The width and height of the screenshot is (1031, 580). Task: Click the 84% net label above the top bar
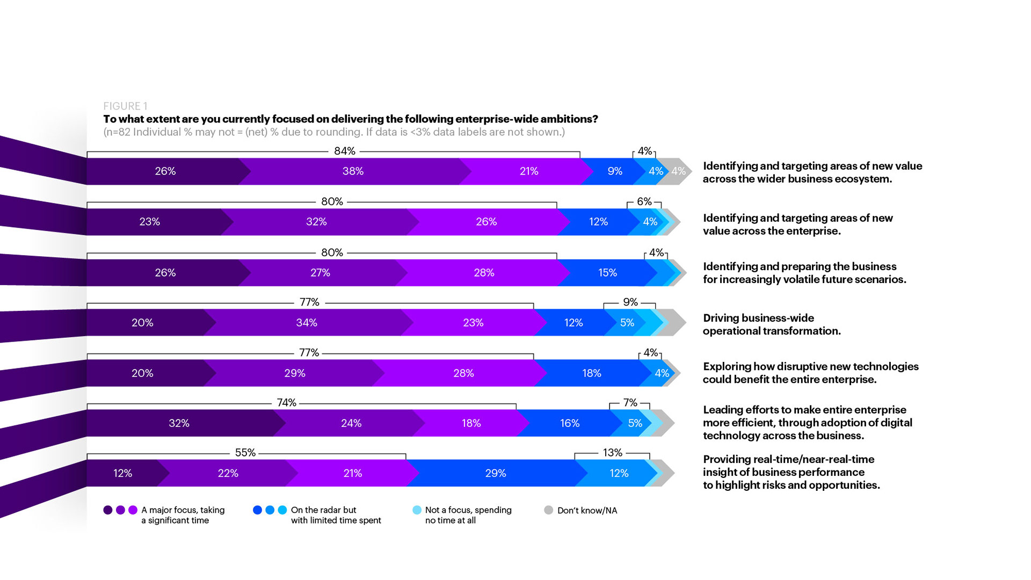(x=344, y=151)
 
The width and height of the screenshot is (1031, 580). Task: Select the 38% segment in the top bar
(x=353, y=171)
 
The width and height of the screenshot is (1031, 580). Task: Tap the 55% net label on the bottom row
(x=245, y=453)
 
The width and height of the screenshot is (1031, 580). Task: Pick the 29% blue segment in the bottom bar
(x=495, y=473)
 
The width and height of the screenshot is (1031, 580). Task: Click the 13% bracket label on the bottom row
(x=612, y=453)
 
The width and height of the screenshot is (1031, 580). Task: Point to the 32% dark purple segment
(x=179, y=423)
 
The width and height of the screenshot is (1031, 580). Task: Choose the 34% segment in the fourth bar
(x=306, y=323)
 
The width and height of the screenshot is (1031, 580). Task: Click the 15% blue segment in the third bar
(x=607, y=273)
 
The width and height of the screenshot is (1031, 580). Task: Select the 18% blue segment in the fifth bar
(x=591, y=373)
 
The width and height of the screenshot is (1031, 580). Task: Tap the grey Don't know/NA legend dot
(x=548, y=510)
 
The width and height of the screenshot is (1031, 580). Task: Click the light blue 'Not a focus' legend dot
(x=417, y=510)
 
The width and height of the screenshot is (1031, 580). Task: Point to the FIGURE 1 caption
(x=125, y=106)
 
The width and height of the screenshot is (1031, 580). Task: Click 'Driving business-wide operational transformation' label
(x=772, y=324)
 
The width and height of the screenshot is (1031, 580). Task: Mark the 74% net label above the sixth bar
(x=286, y=403)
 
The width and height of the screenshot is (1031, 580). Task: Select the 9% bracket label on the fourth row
(x=630, y=302)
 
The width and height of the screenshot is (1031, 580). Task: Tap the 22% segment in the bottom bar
(x=228, y=473)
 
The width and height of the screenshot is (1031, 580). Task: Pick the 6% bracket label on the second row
(x=644, y=202)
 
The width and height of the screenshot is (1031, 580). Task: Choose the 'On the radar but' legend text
(x=323, y=510)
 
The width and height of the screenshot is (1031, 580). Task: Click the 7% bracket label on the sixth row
(x=630, y=403)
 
